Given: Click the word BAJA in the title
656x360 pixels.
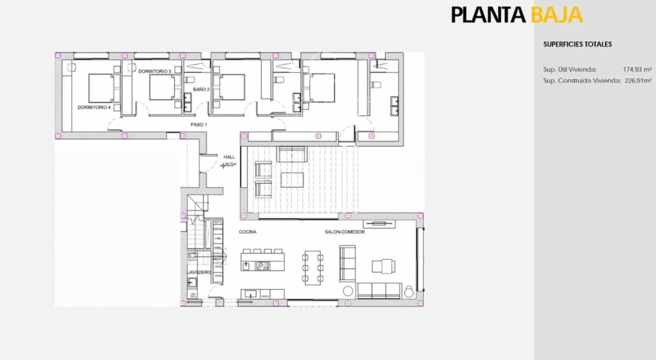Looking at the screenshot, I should (x=556, y=15).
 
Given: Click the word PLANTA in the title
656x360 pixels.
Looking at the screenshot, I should (x=488, y=15).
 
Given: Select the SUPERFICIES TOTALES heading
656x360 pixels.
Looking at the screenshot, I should (x=577, y=44).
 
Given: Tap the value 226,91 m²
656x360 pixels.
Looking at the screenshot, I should (x=638, y=81).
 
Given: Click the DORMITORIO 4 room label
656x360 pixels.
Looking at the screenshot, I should (x=94, y=107).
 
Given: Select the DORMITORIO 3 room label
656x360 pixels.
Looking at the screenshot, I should (x=155, y=71).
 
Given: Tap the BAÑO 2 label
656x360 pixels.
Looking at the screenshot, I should (x=201, y=89).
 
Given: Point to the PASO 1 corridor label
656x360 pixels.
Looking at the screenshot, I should (x=198, y=124).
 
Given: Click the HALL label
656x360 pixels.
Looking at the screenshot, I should (x=229, y=157).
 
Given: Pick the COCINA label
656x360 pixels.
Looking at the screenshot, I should (x=248, y=232).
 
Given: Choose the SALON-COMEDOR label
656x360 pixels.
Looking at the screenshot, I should (x=344, y=232).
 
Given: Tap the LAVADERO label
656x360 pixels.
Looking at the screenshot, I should (x=199, y=272).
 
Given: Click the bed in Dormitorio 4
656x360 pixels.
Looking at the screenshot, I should (x=101, y=88).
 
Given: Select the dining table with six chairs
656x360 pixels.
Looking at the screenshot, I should (x=313, y=267).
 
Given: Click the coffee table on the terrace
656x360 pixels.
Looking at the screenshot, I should (x=292, y=180).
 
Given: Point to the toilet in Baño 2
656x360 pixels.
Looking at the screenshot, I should (x=190, y=79).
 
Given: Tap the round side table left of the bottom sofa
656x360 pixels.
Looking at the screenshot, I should (x=348, y=291).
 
